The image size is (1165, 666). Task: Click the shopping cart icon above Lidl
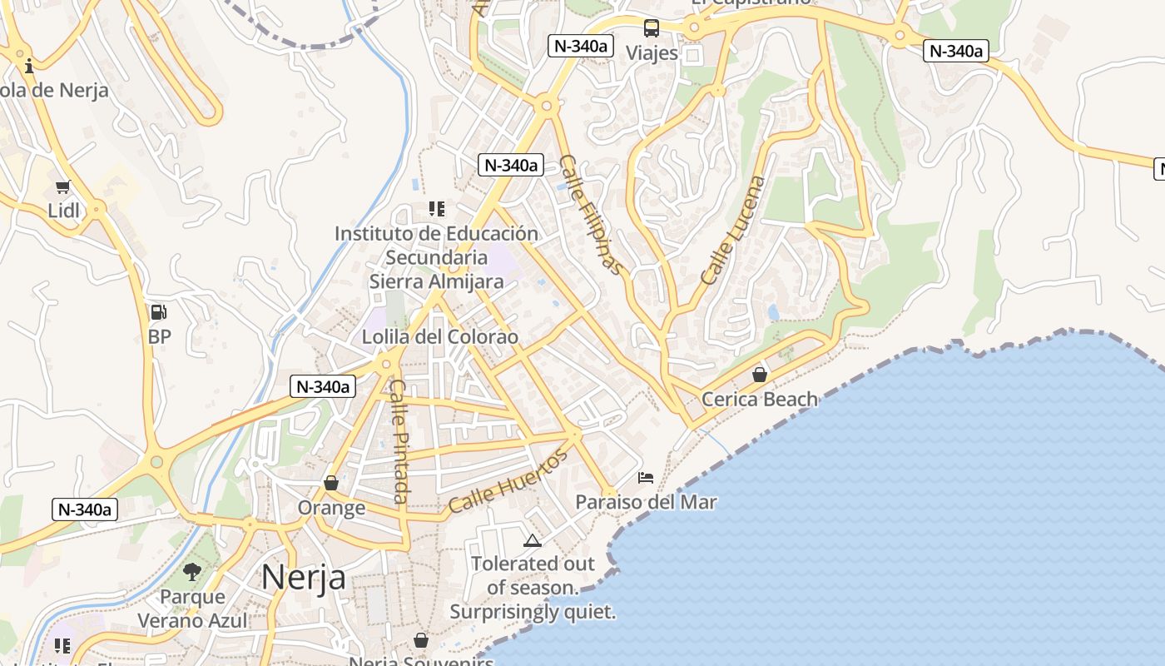pos(62,186)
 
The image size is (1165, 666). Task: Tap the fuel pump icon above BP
pos(158,313)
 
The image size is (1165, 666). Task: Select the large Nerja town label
pos(304,576)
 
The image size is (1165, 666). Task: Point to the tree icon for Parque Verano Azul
pos(192,572)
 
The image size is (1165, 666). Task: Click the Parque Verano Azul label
pos(192,609)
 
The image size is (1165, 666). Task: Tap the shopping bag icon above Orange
pos(331,483)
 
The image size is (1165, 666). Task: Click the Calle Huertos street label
pos(508,480)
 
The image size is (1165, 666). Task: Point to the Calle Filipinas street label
pos(591,214)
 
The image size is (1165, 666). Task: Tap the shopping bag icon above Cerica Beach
pos(760,375)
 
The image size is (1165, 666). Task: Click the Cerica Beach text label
pos(760,400)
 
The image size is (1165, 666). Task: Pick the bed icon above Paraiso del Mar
pos(646,478)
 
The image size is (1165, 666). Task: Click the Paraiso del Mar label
pos(646,503)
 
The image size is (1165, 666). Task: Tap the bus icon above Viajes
pos(652,28)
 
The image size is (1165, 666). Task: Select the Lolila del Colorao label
pos(439,337)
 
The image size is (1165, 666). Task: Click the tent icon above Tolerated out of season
pos(533,541)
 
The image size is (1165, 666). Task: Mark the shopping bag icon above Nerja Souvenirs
pos(421,640)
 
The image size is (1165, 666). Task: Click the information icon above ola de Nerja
pos(29,66)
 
